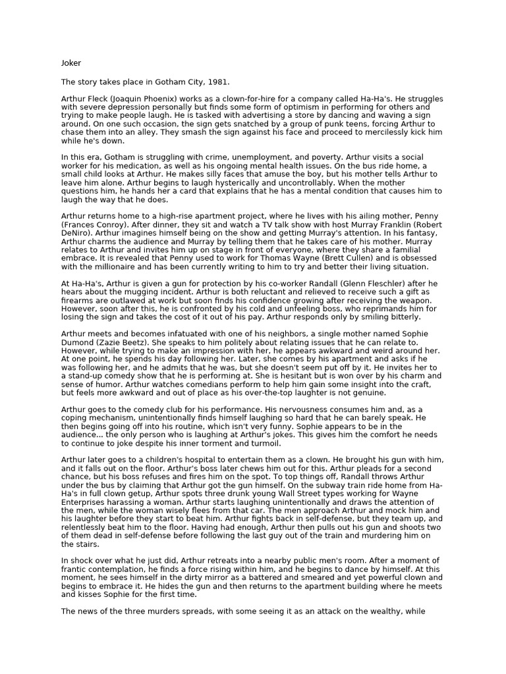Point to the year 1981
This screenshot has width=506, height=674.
point(218,82)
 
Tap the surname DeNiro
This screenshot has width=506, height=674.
point(78,233)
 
